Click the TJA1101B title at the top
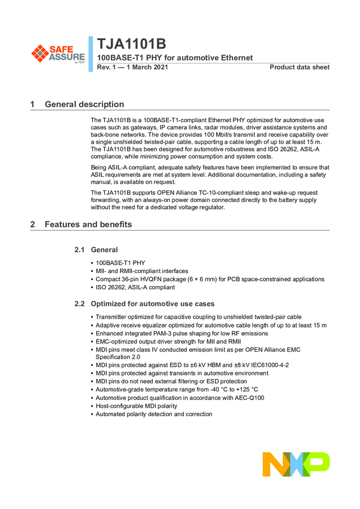[x=132, y=46]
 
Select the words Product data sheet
[x=300, y=67]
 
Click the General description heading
[x=84, y=105]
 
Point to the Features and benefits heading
[x=88, y=225]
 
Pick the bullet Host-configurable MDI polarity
[x=136, y=405]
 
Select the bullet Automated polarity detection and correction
[x=154, y=414]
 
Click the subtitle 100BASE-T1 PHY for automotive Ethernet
[x=175, y=58]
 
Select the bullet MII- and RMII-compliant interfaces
[x=141, y=271]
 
